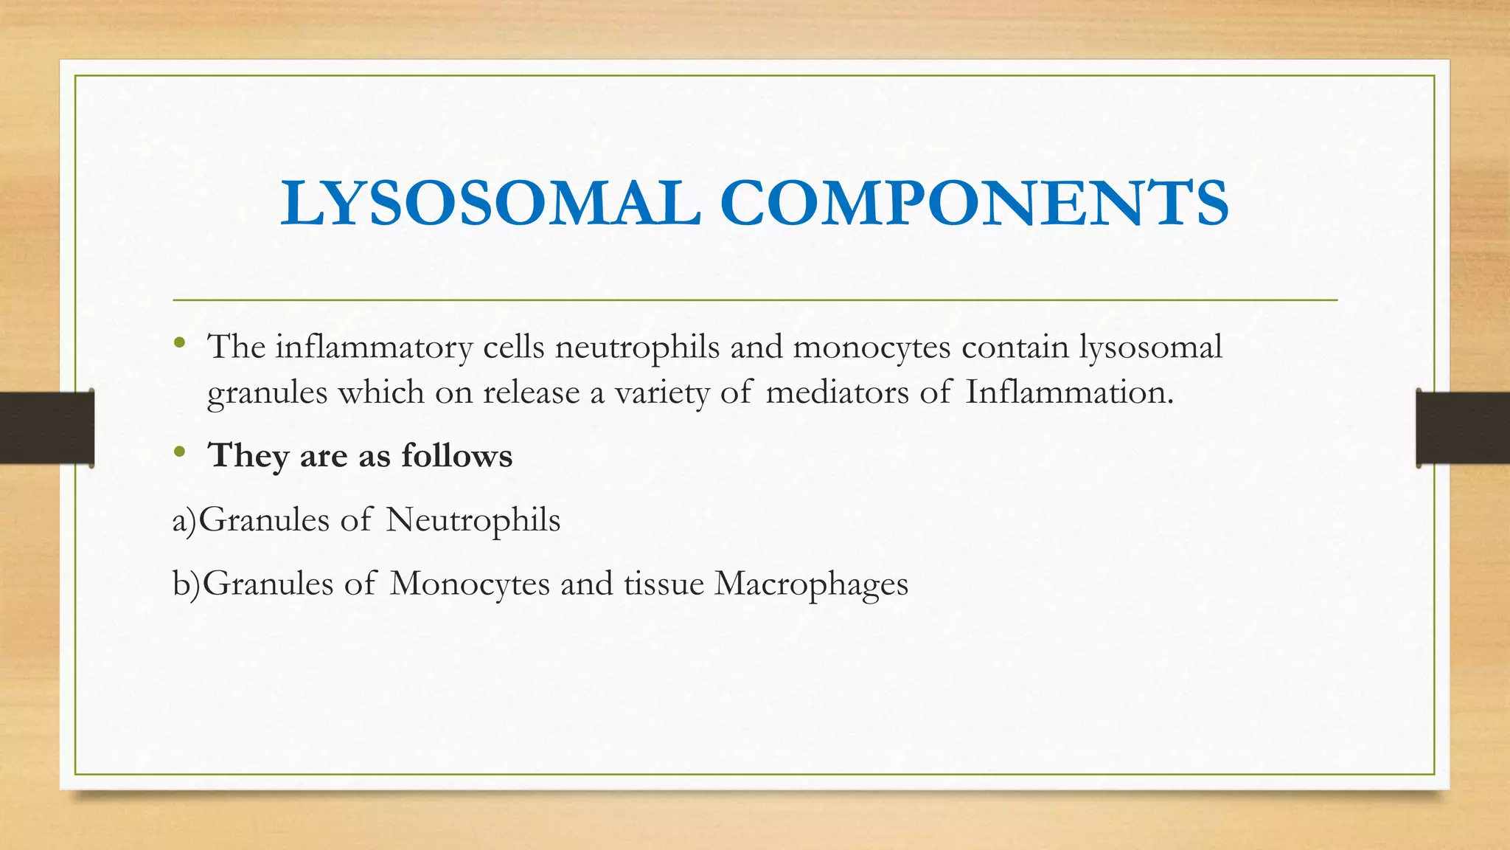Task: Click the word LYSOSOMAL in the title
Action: (490, 203)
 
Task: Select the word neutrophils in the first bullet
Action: (637, 347)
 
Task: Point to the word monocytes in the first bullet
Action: (871, 347)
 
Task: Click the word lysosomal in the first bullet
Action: (1150, 347)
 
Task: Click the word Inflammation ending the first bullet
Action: (1068, 393)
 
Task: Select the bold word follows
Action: (456, 455)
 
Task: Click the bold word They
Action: (248, 456)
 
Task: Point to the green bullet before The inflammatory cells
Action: (179, 342)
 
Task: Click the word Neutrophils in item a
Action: (473, 520)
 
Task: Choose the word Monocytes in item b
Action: (470, 584)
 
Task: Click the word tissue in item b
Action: (664, 584)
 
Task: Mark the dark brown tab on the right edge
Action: (1463, 428)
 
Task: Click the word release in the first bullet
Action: (531, 393)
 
